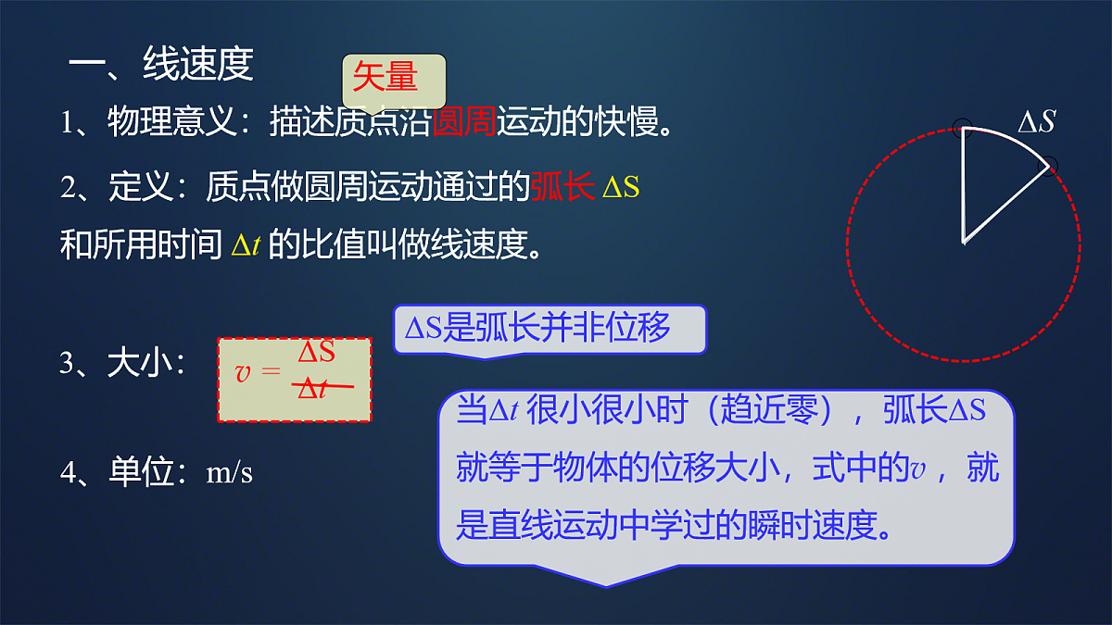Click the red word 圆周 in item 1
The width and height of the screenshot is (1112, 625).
click(x=464, y=122)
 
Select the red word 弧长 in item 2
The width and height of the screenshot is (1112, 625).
click(x=562, y=187)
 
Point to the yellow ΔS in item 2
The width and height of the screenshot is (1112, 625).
click(x=620, y=188)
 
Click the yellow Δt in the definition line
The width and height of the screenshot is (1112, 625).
click(x=245, y=246)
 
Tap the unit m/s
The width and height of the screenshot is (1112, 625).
click(x=229, y=473)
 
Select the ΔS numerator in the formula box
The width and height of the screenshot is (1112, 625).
click(x=316, y=353)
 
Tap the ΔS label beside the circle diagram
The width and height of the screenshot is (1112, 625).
click(x=1036, y=122)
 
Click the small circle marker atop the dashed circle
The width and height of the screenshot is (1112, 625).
click(x=962, y=126)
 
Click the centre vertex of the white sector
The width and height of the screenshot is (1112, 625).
click(x=965, y=243)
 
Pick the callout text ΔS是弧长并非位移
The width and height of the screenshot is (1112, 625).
click(x=537, y=329)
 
